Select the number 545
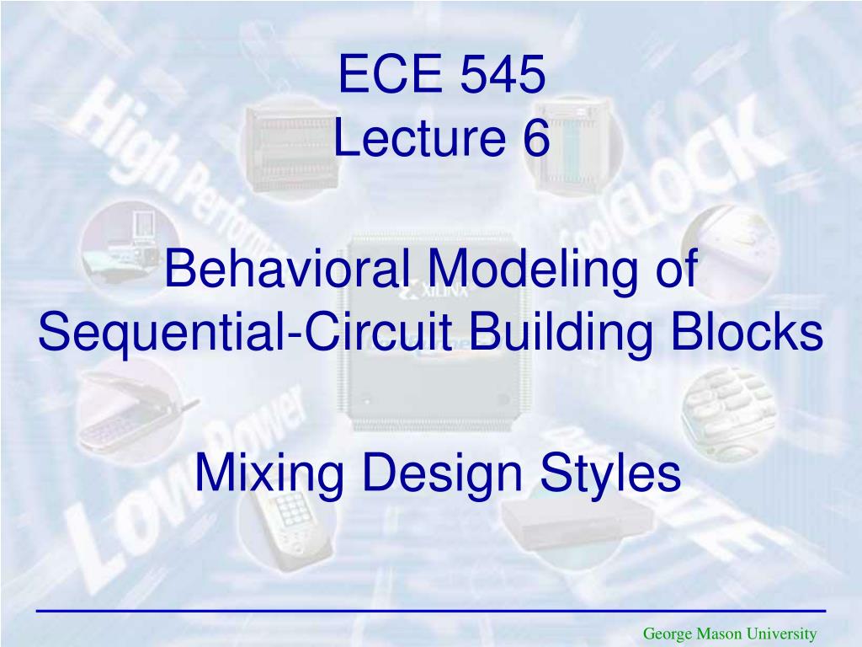pyautogui.click(x=503, y=76)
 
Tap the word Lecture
pyautogui.click(x=413, y=140)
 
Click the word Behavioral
pyautogui.click(x=286, y=270)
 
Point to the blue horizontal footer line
pyautogui.click(x=431, y=609)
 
